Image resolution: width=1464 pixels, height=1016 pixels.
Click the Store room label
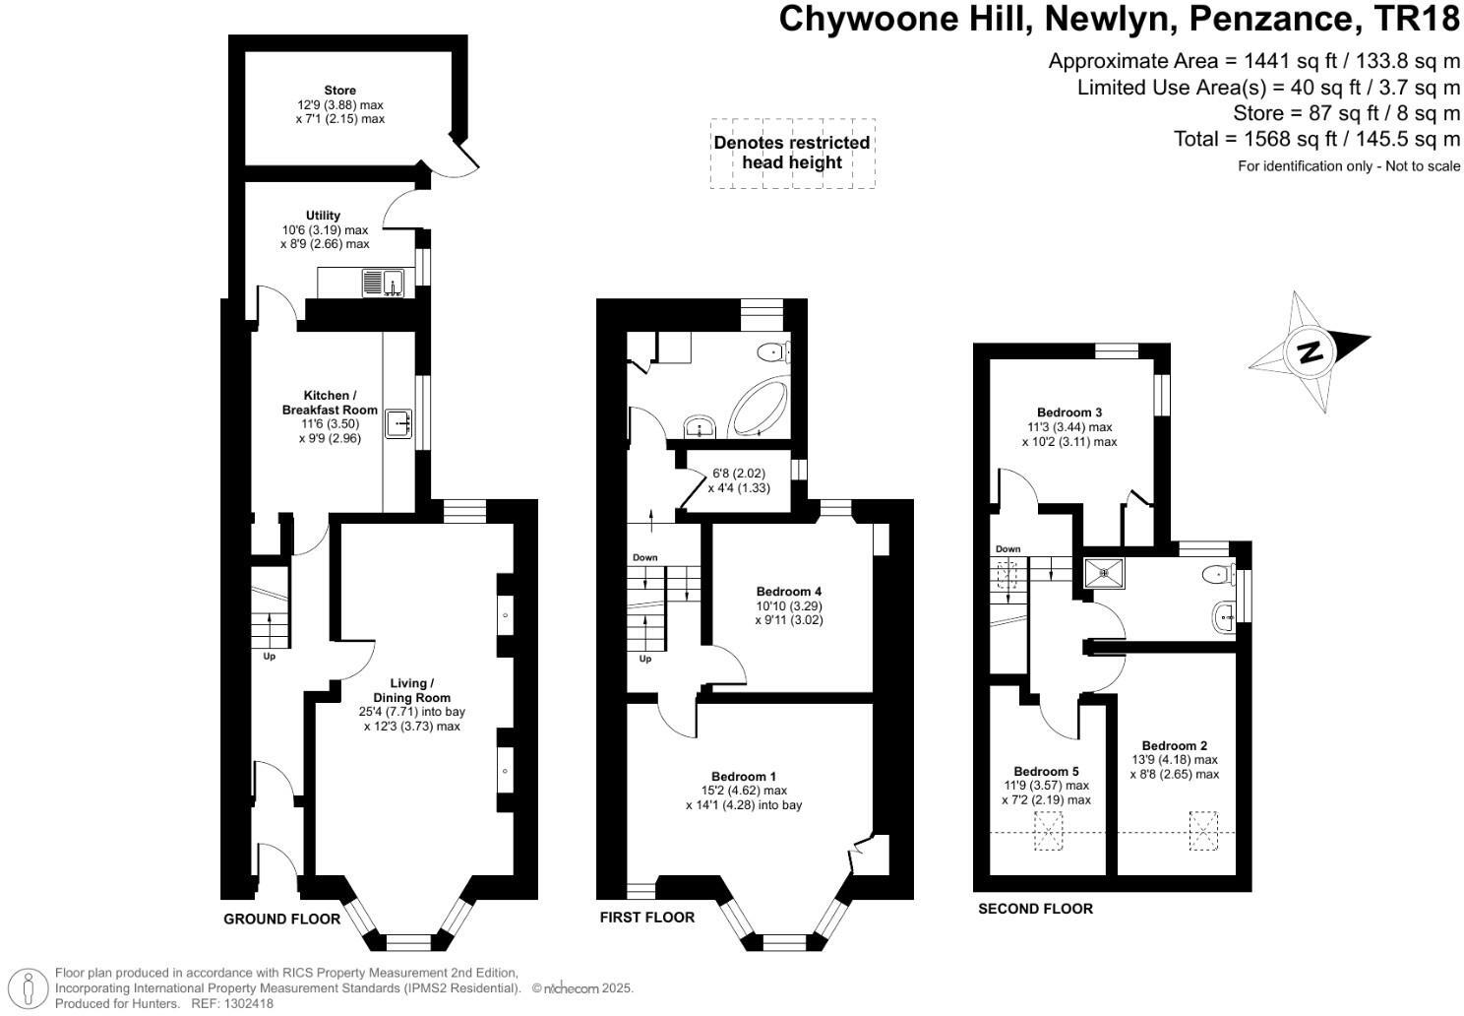(x=339, y=91)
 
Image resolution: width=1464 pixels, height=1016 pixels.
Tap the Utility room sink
(x=382, y=283)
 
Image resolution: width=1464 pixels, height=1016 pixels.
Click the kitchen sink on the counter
(x=400, y=422)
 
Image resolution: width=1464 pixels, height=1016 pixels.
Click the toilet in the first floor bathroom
(x=773, y=350)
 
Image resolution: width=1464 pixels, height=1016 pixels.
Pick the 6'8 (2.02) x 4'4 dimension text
(x=739, y=480)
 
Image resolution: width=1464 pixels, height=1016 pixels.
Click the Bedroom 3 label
(x=1069, y=413)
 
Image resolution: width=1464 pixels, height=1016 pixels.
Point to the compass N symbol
(x=1309, y=351)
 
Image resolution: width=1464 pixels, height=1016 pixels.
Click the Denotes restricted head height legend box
(x=792, y=153)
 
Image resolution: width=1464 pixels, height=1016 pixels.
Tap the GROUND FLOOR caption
(x=281, y=920)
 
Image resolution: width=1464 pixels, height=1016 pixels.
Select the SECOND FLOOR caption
(x=1035, y=909)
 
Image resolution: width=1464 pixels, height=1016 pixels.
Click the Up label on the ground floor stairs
(x=269, y=656)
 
